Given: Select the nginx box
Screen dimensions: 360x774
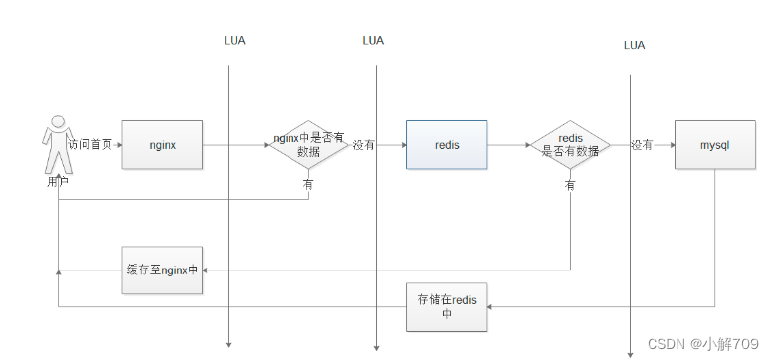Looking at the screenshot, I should coord(163,145).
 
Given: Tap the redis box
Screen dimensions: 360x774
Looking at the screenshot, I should coord(447,145).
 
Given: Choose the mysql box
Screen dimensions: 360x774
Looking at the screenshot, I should coord(715,145).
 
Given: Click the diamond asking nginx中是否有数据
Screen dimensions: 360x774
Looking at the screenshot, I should coord(308,145).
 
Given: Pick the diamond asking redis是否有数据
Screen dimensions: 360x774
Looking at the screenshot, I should coord(570,145).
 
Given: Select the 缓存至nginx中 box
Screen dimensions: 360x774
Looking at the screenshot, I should coord(163,270).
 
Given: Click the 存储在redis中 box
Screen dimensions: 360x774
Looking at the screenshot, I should coord(447,307).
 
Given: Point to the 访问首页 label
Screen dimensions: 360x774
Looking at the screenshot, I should coord(90,143).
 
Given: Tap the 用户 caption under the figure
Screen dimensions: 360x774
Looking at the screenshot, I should coord(58,183).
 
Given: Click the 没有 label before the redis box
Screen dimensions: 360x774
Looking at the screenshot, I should coord(364,144).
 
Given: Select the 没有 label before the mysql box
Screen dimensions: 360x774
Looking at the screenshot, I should coord(642,144).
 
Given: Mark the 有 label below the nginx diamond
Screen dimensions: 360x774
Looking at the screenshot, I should coord(308,184).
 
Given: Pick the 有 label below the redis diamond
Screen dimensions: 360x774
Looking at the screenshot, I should coord(570,185).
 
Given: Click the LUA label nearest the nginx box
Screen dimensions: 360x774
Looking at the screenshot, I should coord(235,41).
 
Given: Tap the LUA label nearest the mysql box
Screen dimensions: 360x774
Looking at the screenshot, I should coord(634,46).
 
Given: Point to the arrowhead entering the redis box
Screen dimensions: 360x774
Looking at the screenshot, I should coord(402,145).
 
